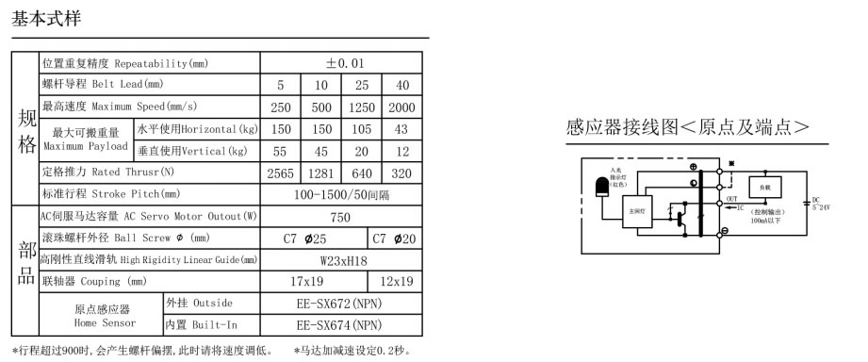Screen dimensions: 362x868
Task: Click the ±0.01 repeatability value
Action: [x=340, y=63]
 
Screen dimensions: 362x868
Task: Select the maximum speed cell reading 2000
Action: [x=401, y=107]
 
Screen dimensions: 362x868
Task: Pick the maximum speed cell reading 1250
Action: [x=361, y=107]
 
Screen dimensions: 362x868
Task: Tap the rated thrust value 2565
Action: [x=280, y=173]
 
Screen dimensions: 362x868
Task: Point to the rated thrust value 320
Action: [x=401, y=173]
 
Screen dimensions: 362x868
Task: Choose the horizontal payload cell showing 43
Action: [x=401, y=128]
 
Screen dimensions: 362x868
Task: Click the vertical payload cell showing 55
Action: [x=280, y=151]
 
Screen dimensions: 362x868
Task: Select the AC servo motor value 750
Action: [x=340, y=217]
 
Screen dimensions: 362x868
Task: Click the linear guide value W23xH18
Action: [x=340, y=259]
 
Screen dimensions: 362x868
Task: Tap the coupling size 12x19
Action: [x=395, y=281]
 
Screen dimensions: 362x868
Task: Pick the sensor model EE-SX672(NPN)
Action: [x=340, y=304]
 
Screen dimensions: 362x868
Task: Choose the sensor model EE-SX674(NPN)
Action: [x=340, y=325]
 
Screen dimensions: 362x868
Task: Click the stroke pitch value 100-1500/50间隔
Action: [x=340, y=194]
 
